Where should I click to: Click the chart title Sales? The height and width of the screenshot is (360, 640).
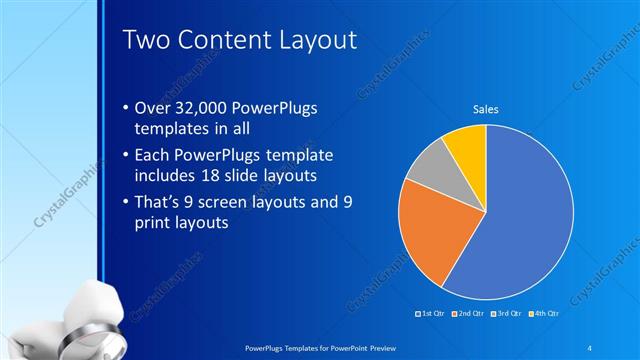click(x=486, y=109)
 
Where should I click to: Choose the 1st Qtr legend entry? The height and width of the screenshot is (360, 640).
click(x=431, y=315)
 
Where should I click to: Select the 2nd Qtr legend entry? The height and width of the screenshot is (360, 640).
click(x=469, y=315)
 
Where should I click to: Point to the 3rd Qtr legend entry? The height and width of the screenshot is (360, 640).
click(x=507, y=315)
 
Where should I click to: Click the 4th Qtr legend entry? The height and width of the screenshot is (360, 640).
click(x=544, y=315)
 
